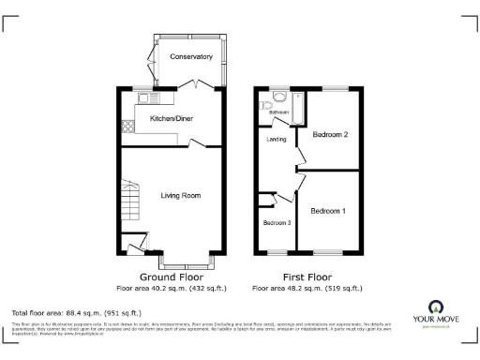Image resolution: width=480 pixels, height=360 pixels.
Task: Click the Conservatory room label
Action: point(191,57)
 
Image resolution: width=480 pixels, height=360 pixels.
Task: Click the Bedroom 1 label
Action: point(329,210)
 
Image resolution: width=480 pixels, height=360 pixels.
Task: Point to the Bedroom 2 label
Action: point(330,135)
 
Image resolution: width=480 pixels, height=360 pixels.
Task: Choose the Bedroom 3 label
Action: point(277,223)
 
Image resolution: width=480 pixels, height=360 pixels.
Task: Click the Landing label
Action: point(277,140)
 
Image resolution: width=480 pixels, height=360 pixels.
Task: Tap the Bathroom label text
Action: point(279,112)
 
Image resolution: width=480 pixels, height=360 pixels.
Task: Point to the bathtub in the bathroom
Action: point(297,109)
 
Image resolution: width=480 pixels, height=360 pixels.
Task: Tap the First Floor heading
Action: point(307,277)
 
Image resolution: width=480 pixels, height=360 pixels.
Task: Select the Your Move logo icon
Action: point(436,307)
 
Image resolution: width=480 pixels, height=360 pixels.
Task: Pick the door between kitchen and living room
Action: point(198,144)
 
